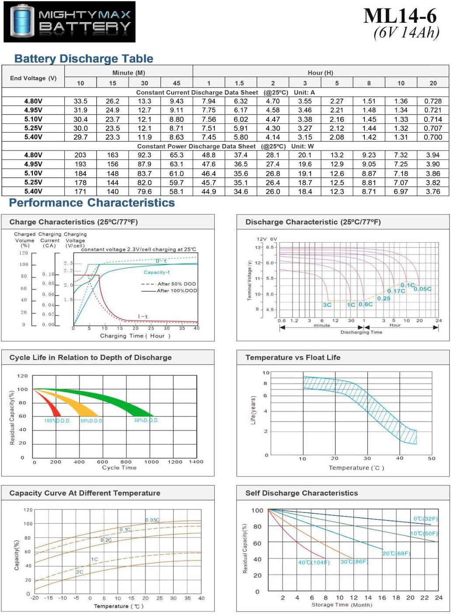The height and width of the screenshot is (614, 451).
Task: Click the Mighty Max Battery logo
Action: (70, 22)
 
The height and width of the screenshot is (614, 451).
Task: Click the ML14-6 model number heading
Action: (400, 16)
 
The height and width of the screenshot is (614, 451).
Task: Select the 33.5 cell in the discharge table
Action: (80, 101)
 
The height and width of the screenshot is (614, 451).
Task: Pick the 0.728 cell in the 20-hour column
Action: (433, 101)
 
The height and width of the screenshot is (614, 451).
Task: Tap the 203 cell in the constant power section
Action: (80, 155)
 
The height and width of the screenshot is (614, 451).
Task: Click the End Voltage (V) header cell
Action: (33, 78)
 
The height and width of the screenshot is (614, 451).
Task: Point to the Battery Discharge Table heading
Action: (84, 59)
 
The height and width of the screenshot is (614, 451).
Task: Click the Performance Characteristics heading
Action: (92, 203)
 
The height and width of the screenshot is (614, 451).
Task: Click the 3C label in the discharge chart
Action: (327, 305)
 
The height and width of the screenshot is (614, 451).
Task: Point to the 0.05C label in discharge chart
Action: (423, 289)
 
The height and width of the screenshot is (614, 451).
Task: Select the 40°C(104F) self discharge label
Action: (314, 562)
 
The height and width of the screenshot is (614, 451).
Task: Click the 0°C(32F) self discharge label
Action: (425, 519)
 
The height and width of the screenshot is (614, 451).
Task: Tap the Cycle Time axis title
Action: (119, 468)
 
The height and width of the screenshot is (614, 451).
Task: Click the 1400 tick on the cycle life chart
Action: (196, 462)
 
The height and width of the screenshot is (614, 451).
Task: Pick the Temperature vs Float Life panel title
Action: (293, 357)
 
